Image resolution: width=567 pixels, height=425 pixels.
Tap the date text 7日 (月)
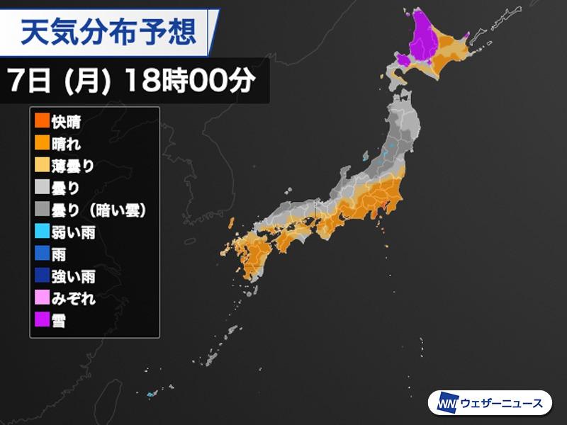(60, 81)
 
